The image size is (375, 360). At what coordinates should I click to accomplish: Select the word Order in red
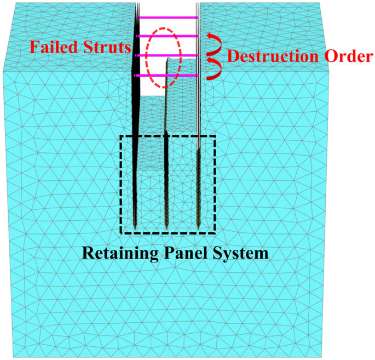349,56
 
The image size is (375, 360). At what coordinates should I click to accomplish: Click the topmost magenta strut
168,18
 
